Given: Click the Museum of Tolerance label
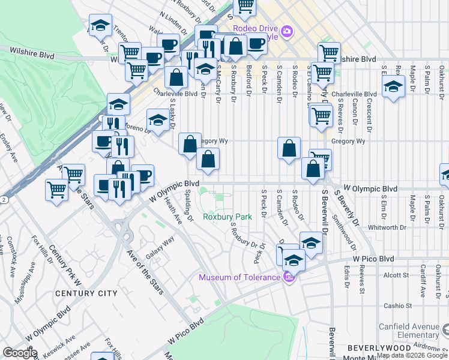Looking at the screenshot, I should [240, 277].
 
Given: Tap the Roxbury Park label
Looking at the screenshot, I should [227, 217].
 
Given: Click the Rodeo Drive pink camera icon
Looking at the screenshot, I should [288, 31].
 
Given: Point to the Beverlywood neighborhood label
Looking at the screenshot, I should [374, 348].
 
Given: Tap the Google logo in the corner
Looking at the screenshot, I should [19, 353].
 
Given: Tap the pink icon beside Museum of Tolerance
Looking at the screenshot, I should [289, 277].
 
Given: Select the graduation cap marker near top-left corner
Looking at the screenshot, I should [100, 25].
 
